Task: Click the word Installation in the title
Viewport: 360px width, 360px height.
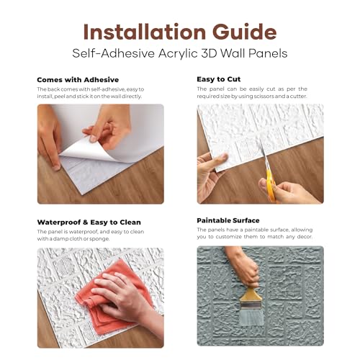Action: [145, 32]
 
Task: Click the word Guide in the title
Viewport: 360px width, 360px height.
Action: [245, 32]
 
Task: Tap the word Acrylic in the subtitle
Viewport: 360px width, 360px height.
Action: [178, 54]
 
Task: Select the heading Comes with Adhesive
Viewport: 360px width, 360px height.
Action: [78, 80]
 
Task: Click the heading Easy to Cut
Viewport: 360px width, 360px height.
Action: [219, 79]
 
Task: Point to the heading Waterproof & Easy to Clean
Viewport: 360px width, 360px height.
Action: [89, 222]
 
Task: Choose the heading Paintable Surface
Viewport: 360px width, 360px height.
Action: [228, 220]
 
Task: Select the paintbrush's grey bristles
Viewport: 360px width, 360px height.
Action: [251, 317]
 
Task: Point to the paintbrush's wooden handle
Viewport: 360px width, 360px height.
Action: [251, 294]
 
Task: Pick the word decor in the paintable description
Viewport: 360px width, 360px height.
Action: [305, 237]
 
